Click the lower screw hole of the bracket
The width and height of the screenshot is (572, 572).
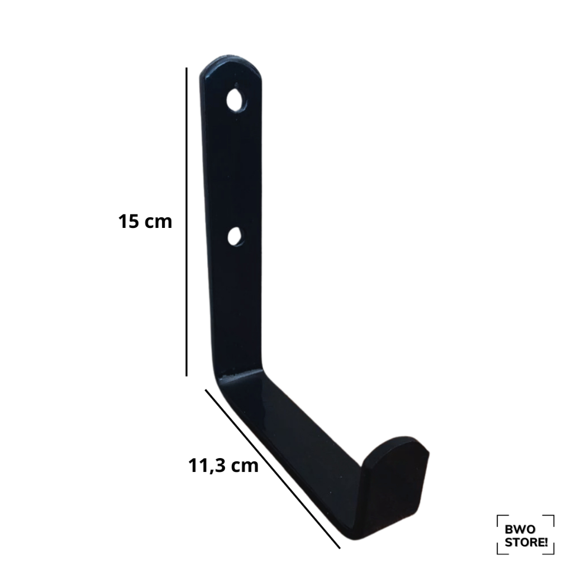tap(235, 236)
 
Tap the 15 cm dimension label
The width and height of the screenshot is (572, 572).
tap(145, 221)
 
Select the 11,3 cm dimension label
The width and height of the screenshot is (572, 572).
tap(223, 465)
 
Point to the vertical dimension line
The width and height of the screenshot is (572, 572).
tap(187, 221)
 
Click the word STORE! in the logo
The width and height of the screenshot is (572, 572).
tap(526, 542)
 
